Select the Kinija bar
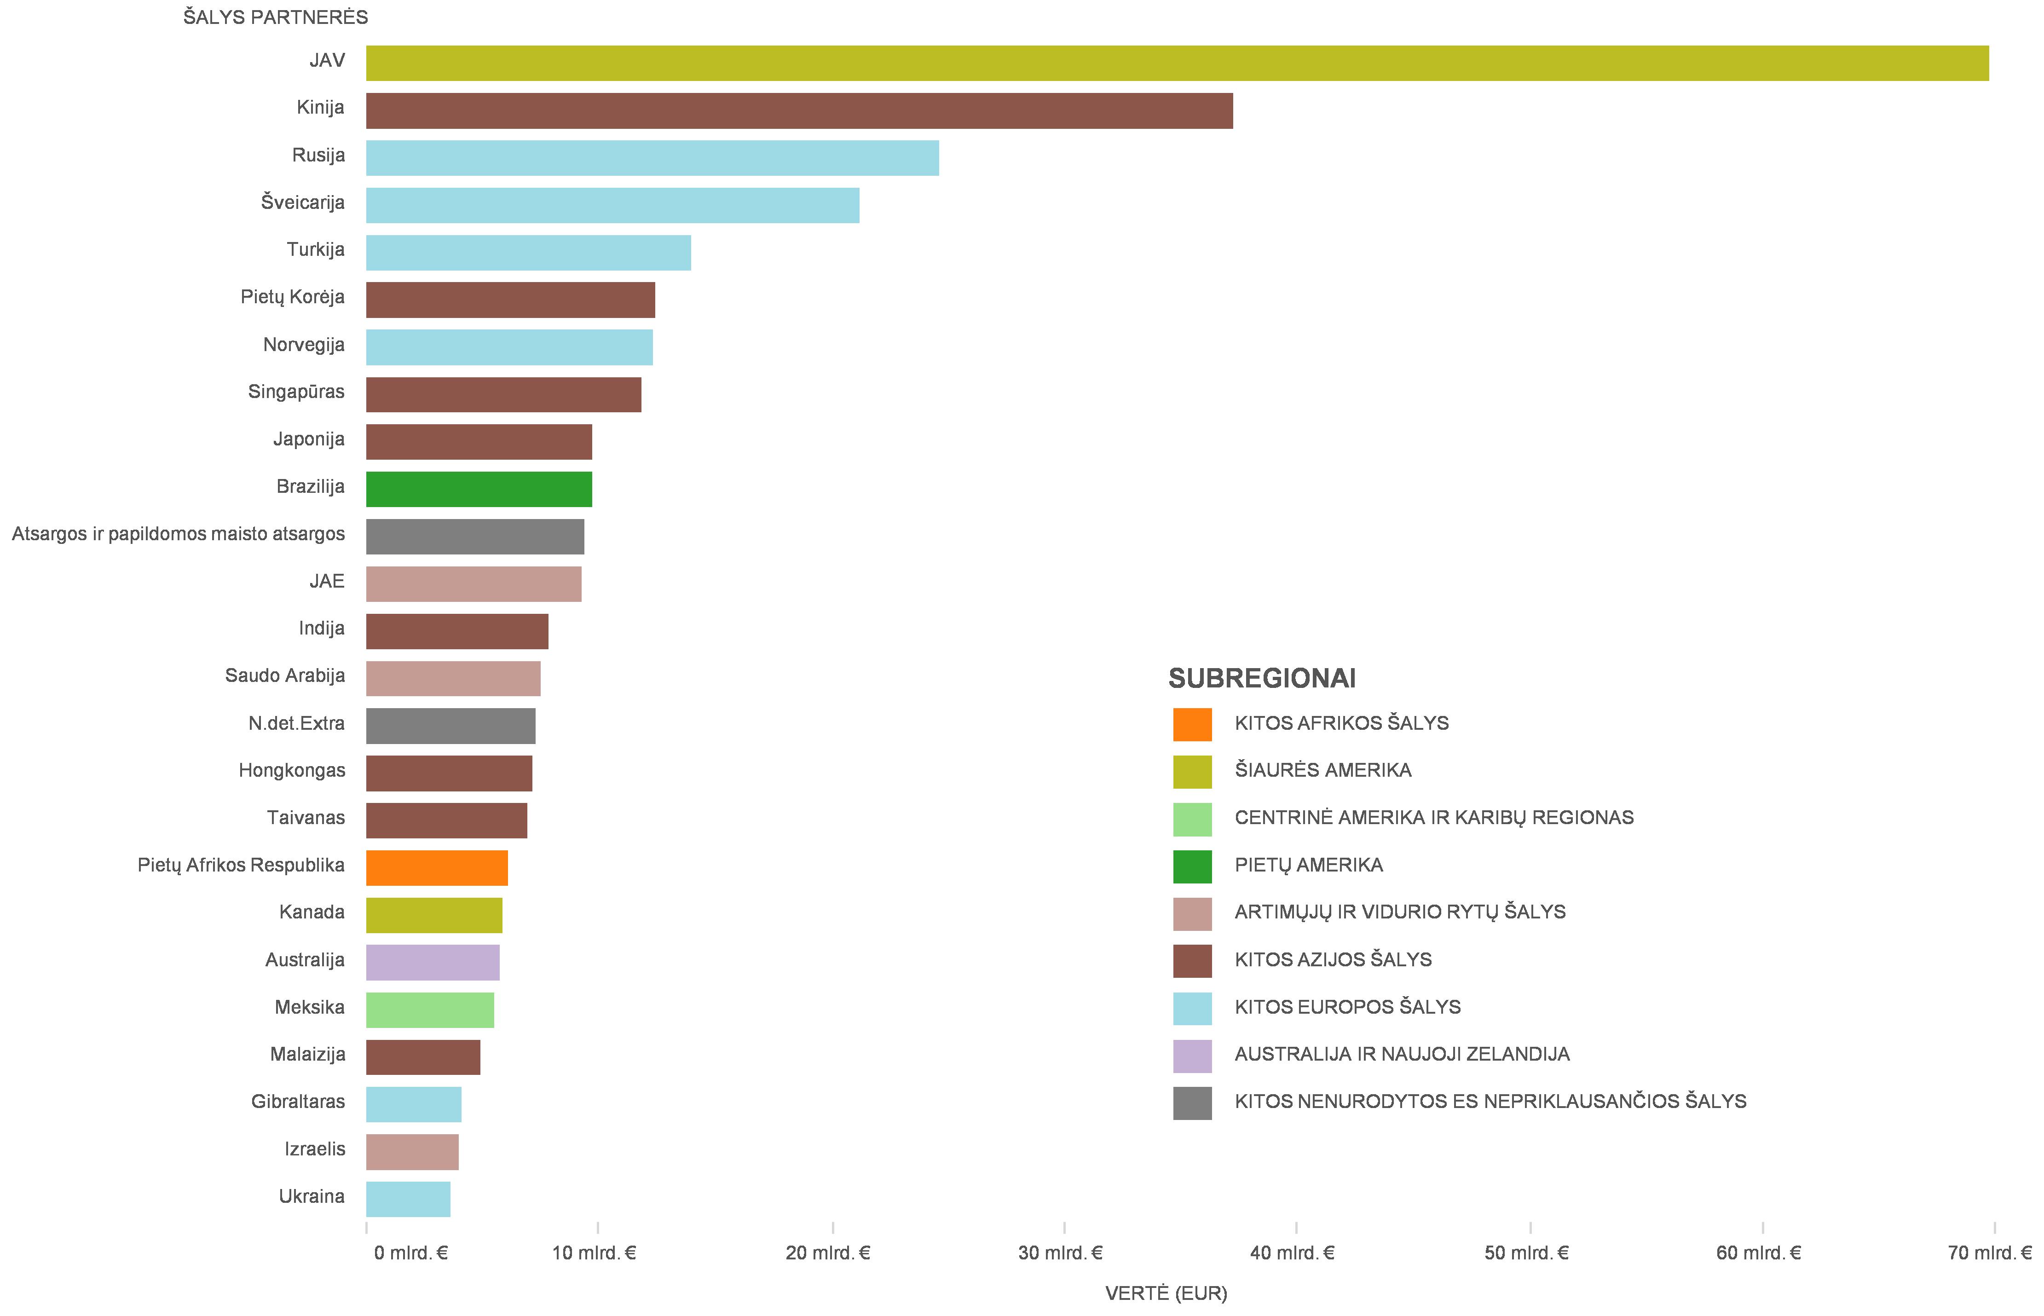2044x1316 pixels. click(x=799, y=111)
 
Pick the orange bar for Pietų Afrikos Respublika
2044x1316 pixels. click(x=437, y=868)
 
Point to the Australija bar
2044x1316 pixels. click(x=433, y=963)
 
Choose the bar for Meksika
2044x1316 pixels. click(x=430, y=1010)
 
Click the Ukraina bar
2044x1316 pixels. click(x=408, y=1199)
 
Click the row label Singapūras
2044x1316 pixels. click(x=296, y=392)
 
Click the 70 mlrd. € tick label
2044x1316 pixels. click(x=1989, y=1253)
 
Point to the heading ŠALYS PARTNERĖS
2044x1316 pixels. click(x=275, y=17)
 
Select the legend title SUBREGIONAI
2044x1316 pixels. click(x=1261, y=679)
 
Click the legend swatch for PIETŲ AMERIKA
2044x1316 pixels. click(x=1192, y=866)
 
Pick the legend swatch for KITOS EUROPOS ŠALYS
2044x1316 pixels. click(x=1192, y=1008)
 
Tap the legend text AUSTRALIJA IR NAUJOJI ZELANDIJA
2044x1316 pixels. click(x=1402, y=1055)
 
